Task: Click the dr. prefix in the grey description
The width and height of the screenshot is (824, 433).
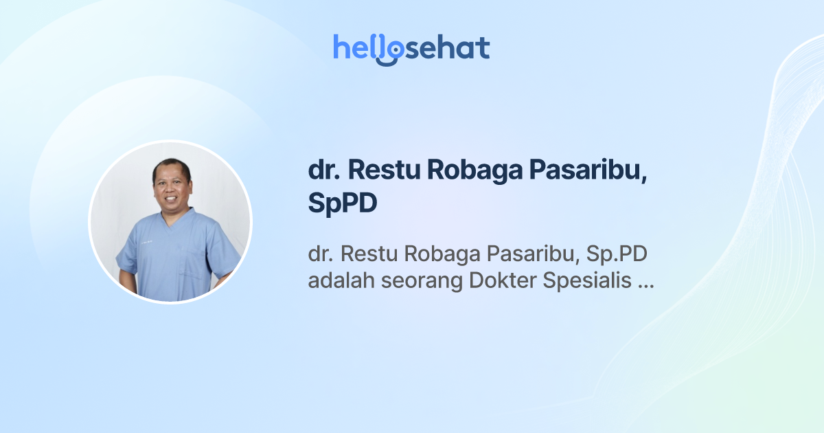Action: (x=320, y=254)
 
